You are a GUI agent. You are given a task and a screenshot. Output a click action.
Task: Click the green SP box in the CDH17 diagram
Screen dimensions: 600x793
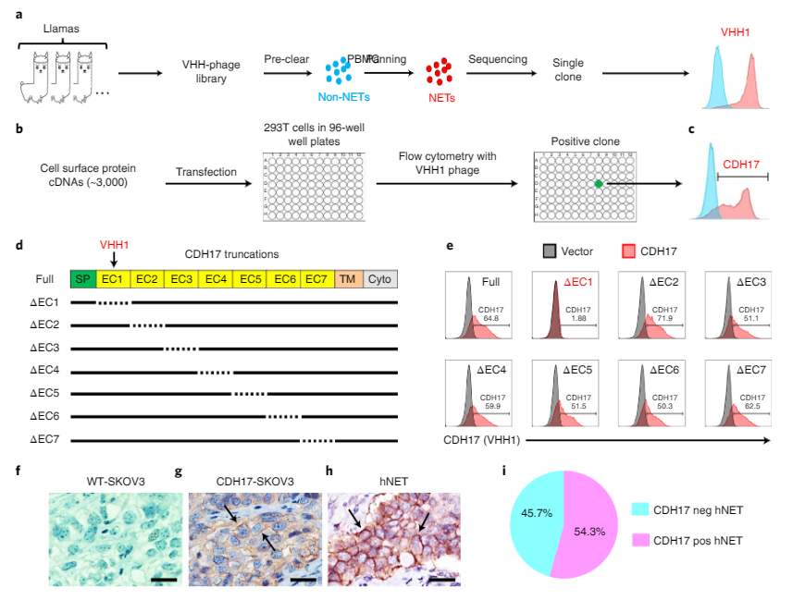82,278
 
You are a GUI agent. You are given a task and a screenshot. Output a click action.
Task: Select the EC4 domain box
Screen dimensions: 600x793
215,278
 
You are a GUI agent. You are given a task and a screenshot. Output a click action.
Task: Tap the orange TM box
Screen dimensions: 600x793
347,278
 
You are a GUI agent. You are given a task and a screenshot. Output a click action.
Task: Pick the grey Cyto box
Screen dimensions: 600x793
379,278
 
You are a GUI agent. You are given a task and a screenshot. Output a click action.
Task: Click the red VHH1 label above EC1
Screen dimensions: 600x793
115,245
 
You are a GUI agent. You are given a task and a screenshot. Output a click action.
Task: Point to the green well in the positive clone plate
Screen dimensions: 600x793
599,184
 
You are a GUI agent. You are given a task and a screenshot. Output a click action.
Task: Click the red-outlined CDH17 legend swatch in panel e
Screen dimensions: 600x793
629,251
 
